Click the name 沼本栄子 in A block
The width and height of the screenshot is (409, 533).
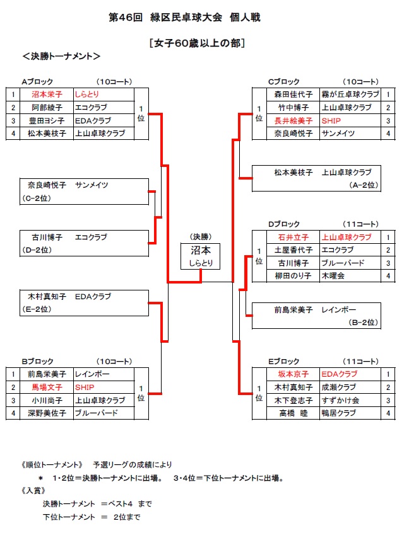coord(47,94)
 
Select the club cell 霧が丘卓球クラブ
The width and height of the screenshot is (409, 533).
coord(350,94)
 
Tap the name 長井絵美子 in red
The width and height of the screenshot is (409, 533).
coord(293,121)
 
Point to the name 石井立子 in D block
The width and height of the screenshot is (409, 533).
coord(293,237)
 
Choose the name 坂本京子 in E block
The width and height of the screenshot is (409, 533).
coord(293,374)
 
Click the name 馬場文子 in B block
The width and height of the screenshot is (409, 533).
coord(47,387)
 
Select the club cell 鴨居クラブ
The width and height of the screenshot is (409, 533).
coord(339,413)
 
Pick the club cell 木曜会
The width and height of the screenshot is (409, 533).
coord(333,276)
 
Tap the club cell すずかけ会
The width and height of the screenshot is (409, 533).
coord(340,400)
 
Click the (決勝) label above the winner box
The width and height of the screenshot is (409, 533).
coord(201,237)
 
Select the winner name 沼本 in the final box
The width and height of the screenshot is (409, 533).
coord(201,251)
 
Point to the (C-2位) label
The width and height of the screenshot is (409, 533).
coord(37,198)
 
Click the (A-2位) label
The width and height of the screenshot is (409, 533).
coord(364,185)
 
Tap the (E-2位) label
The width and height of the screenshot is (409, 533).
coord(37,309)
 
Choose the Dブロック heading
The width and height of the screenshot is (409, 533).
coord(284,224)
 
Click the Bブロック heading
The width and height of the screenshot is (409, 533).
coord(37,361)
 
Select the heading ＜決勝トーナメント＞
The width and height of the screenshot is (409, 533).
coord(62,56)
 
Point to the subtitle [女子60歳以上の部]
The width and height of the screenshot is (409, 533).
coord(197,43)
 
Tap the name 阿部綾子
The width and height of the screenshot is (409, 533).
coord(47,107)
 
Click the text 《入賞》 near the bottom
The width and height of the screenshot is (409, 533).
coord(33,491)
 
